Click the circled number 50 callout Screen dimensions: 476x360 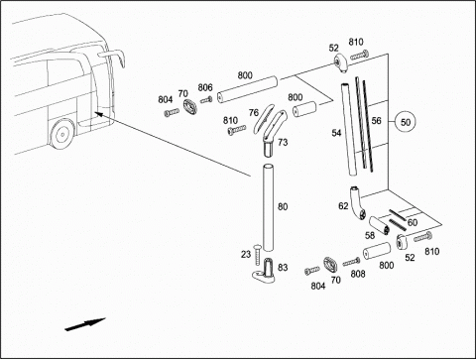(406, 122)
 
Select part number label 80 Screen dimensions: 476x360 (283, 207)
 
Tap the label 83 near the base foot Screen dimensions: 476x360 (283, 267)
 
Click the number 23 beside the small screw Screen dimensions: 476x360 (246, 254)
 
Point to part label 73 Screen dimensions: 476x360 (283, 143)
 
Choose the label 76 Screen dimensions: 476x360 (254, 113)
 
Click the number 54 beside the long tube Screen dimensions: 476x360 (336, 133)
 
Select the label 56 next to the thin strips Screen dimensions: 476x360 (376, 121)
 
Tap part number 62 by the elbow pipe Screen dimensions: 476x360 (343, 206)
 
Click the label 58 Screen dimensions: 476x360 (370, 235)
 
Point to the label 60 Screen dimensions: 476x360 (413, 223)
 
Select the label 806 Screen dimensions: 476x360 (205, 87)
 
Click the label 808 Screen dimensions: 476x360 (358, 274)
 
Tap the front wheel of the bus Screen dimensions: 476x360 (61, 134)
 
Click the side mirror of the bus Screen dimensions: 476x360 (114, 57)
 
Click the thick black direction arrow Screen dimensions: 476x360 (85, 324)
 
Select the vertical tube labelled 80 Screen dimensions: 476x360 (269, 207)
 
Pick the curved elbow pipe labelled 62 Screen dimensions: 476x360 (356, 202)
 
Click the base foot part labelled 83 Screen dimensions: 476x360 (266, 272)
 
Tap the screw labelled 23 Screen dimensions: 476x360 (257, 254)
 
